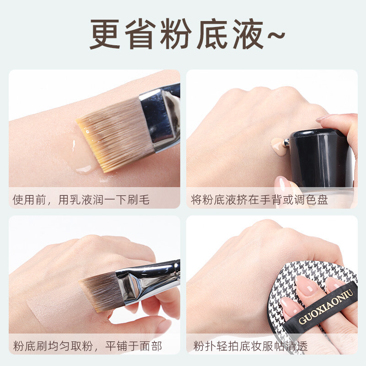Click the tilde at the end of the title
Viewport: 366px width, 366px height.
click(276, 35)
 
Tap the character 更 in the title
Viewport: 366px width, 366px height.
click(105, 34)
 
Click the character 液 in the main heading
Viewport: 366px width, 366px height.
click(248, 34)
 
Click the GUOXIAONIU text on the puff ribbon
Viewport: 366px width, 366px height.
click(326, 307)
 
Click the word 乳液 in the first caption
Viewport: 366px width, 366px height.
click(75, 200)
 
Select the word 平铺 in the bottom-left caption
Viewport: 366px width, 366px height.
click(117, 346)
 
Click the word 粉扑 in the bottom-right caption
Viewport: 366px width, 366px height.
click(205, 346)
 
